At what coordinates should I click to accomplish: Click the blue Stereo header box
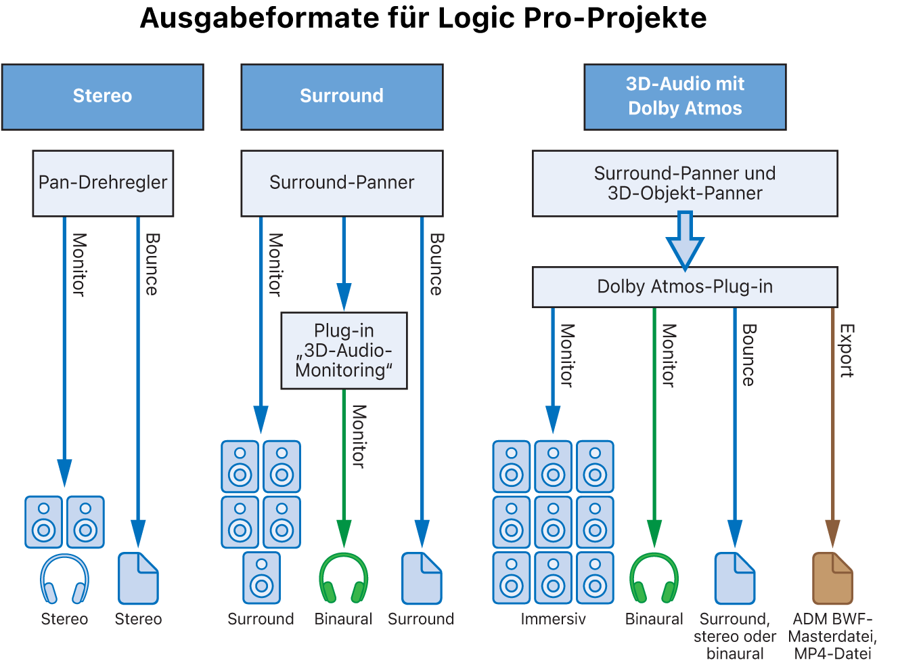pyautogui.click(x=103, y=97)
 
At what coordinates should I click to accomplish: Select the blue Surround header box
pyautogui.click(x=342, y=97)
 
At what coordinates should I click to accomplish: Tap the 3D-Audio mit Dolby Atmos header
pyautogui.click(x=685, y=97)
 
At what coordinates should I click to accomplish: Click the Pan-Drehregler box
pyautogui.click(x=103, y=183)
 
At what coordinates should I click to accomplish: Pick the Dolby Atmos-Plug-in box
pyautogui.click(x=685, y=287)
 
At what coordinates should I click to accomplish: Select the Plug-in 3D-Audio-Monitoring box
pyautogui.click(x=344, y=350)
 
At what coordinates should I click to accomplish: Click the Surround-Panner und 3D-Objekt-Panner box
pyautogui.click(x=685, y=184)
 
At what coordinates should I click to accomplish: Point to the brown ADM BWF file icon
pyautogui.click(x=832, y=578)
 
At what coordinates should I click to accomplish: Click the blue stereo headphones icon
pyautogui.click(x=64, y=579)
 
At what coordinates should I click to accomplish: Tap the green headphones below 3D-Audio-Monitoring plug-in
pyautogui.click(x=344, y=578)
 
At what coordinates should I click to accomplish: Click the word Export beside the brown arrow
pyautogui.click(x=847, y=350)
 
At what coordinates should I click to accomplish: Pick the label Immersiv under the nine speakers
pyautogui.click(x=553, y=619)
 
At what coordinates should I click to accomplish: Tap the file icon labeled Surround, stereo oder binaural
pyautogui.click(x=735, y=578)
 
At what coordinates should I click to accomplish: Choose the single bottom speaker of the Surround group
pyautogui.click(x=261, y=578)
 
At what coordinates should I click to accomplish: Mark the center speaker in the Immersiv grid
pyautogui.click(x=554, y=522)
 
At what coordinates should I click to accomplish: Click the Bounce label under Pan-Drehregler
pyautogui.click(x=152, y=264)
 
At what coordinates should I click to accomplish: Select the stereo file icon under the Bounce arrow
pyautogui.click(x=138, y=578)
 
